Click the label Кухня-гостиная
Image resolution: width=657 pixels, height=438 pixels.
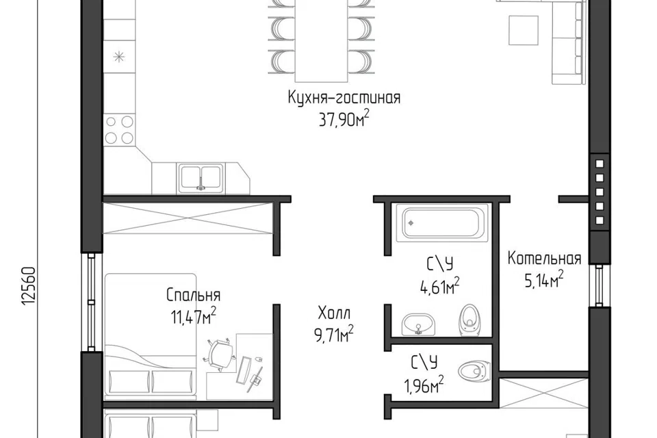(x=344, y=98)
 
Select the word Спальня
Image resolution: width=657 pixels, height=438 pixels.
(x=193, y=295)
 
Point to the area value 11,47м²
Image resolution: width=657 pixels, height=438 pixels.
(x=193, y=315)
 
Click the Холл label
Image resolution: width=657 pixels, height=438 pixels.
(x=334, y=313)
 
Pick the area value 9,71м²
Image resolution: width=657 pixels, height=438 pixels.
(x=334, y=334)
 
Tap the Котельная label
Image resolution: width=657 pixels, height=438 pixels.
(x=544, y=258)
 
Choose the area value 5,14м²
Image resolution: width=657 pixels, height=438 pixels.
(x=544, y=279)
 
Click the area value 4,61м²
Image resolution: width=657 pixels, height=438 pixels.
(x=439, y=286)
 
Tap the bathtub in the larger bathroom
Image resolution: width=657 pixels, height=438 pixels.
(x=443, y=223)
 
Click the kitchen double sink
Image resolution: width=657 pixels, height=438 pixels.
(x=201, y=177)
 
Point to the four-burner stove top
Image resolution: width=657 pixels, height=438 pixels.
(x=119, y=129)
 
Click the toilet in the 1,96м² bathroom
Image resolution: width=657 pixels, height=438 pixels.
(x=474, y=370)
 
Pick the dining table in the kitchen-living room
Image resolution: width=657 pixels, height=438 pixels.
(x=322, y=41)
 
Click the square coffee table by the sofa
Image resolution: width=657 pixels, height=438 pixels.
(x=524, y=29)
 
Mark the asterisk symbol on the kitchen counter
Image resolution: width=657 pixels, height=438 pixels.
(x=119, y=56)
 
